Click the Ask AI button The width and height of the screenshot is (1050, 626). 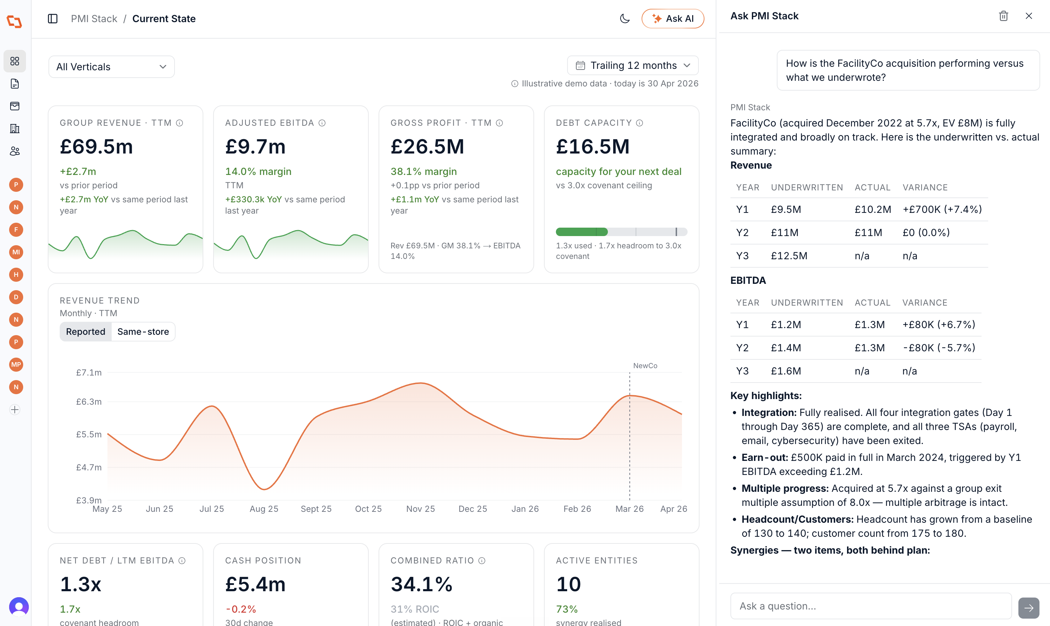[x=672, y=19]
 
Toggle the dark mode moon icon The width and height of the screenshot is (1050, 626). [x=624, y=19]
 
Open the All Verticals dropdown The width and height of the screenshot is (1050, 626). [x=111, y=67]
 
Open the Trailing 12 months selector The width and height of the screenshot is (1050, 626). [x=632, y=65]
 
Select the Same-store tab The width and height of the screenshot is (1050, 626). [x=143, y=332]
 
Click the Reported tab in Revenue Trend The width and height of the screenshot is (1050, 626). [x=86, y=332]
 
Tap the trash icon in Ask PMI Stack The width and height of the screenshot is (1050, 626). [x=1003, y=16]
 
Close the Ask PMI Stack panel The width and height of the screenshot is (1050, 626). [x=1029, y=16]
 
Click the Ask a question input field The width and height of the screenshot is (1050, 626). [x=871, y=606]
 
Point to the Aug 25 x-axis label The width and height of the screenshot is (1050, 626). [x=264, y=509]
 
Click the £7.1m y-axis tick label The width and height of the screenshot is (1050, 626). [x=88, y=372]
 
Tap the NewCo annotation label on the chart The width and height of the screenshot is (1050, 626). [x=645, y=366]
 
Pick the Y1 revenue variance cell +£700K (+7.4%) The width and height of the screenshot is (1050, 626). [x=942, y=209]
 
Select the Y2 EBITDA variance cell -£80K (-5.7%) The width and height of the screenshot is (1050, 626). [x=939, y=347]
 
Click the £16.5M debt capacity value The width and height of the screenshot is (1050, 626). [x=592, y=146]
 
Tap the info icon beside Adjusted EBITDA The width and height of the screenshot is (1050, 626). [x=322, y=123]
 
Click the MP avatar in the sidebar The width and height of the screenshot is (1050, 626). [x=16, y=364]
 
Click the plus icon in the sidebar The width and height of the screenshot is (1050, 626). [x=15, y=410]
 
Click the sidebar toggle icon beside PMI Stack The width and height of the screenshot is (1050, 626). [x=53, y=19]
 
